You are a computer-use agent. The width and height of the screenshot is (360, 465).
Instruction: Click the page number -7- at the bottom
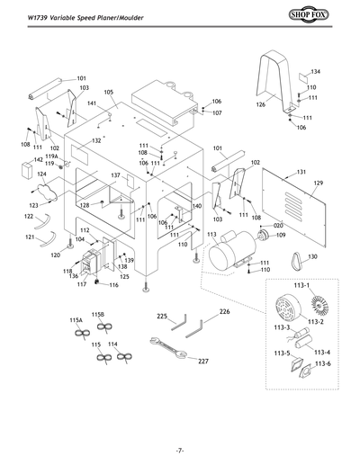pos(180,450)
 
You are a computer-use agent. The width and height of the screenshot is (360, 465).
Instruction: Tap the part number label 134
pos(316,70)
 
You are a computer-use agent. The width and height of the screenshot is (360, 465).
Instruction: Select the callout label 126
pos(260,105)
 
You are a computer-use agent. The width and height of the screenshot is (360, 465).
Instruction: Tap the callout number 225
pos(162,317)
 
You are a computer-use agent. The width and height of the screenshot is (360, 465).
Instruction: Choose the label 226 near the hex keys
pos(224,312)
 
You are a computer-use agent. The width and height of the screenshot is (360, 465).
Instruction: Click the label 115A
pos(76,319)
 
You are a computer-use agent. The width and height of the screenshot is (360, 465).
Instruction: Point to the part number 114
pos(112,344)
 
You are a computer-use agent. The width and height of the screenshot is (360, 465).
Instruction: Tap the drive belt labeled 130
pos(295,260)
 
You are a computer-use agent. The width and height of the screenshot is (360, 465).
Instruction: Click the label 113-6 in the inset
pos(322,362)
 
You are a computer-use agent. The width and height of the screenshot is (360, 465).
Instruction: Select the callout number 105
pos(109,93)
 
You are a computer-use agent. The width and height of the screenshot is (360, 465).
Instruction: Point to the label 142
pos(38,159)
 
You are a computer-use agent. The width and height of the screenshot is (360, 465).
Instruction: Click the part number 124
pos(40,174)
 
